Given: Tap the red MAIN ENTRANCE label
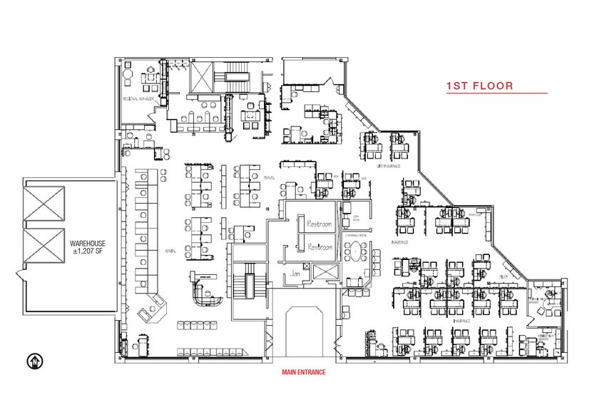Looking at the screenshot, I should click(302, 371).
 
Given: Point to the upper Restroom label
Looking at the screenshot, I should click(319, 224).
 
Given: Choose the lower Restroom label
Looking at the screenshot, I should click(319, 246).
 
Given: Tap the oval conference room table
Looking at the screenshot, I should click(354, 250).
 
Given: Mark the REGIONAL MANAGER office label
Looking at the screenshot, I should click(140, 99).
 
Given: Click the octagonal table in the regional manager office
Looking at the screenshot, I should click(128, 74).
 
